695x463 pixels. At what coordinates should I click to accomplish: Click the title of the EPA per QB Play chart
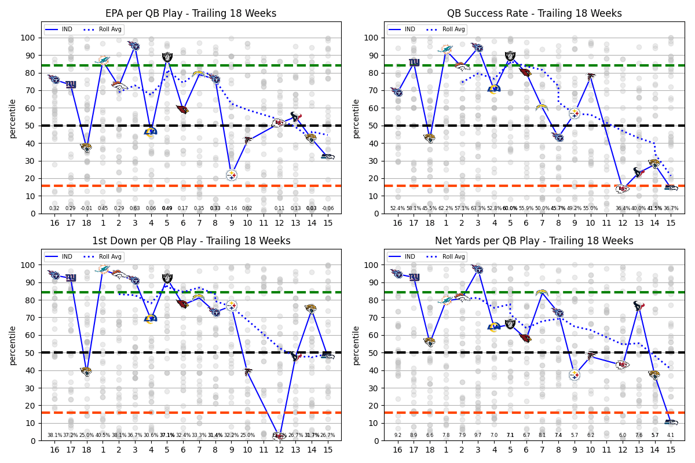[191, 13]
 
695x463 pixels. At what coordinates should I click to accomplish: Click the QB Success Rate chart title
[534, 13]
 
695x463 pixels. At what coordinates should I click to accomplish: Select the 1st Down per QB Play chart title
[191, 241]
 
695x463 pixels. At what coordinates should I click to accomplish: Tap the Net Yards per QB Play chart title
[534, 241]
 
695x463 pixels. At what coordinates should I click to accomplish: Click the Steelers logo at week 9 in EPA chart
[232, 175]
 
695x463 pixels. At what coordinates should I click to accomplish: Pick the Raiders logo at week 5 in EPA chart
[167, 57]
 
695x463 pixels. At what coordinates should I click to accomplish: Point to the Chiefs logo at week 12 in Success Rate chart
[623, 189]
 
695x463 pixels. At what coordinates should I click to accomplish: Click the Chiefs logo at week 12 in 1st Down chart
[280, 436]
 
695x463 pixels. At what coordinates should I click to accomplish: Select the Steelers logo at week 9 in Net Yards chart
[574, 375]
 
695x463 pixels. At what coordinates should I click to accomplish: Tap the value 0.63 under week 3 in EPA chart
[135, 208]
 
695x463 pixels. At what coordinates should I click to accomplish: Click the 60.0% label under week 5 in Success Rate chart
[510, 208]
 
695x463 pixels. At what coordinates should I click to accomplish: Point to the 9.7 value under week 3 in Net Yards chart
[478, 435]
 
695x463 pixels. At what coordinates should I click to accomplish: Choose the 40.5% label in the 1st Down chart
[103, 435]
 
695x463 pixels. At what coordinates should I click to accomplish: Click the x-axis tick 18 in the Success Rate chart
[429, 223]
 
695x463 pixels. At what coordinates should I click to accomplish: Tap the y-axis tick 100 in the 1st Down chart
[28, 265]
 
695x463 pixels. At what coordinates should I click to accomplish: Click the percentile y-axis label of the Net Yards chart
[356, 345]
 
